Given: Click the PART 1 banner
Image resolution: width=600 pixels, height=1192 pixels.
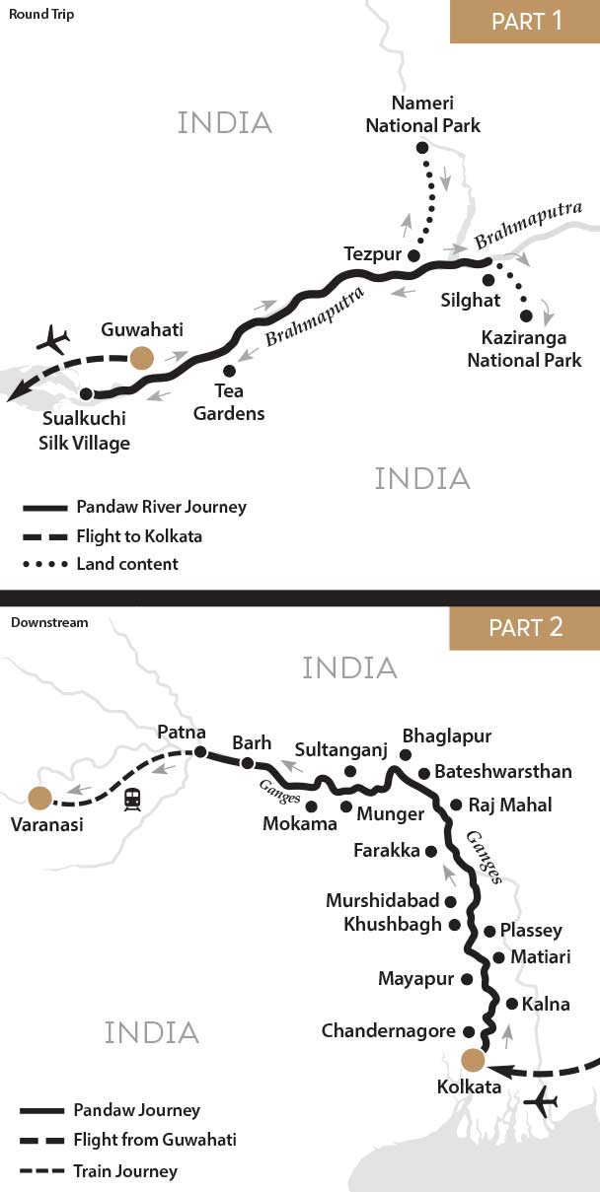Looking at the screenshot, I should tap(524, 22).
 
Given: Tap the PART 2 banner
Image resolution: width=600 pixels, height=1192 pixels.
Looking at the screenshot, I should tap(524, 628).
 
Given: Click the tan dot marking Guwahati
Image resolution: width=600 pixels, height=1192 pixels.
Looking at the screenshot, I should tap(143, 358).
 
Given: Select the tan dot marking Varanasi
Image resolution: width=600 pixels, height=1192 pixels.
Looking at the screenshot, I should tap(40, 797).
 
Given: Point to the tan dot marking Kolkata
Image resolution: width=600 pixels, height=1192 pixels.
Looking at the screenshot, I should tap(473, 1060).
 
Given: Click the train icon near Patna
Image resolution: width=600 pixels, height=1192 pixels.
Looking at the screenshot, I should tap(131, 799).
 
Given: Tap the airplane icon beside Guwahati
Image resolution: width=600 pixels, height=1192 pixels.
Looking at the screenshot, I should tap(54, 341).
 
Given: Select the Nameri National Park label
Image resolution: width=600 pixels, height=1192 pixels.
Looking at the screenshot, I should tap(422, 113).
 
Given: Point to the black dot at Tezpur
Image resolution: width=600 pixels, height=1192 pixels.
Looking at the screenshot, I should tap(413, 256).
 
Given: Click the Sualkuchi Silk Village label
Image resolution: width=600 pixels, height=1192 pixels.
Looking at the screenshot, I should tap(85, 432).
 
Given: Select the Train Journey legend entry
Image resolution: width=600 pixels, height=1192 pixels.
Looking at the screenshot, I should tap(125, 1171).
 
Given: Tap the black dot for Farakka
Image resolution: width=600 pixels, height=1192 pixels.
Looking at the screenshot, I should tap(430, 850).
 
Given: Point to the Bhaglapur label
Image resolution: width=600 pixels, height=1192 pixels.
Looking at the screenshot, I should tap(446, 736).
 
